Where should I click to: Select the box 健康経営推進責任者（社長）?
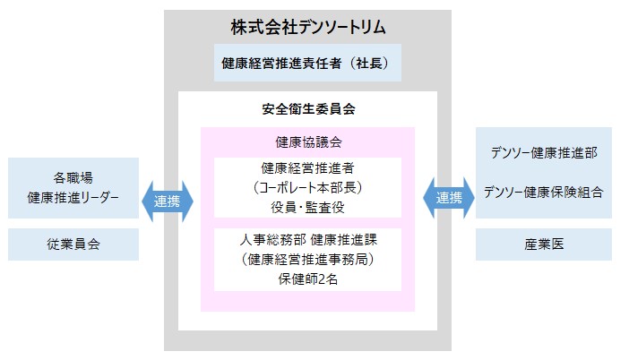(307, 64)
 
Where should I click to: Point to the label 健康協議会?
(307, 141)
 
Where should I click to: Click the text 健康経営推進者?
(307, 167)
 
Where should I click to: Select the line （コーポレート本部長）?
(307, 187)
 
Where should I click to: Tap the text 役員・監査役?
(307, 207)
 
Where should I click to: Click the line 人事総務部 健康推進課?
(307, 240)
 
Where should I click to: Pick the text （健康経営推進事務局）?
(307, 260)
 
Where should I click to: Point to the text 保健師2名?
(307, 279)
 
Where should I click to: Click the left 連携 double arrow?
(167, 201)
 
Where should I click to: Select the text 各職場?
(73, 176)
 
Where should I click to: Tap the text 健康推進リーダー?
(73, 196)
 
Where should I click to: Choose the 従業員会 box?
(73, 244)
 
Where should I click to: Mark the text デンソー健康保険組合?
(544, 191)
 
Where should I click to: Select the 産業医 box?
(544, 244)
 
